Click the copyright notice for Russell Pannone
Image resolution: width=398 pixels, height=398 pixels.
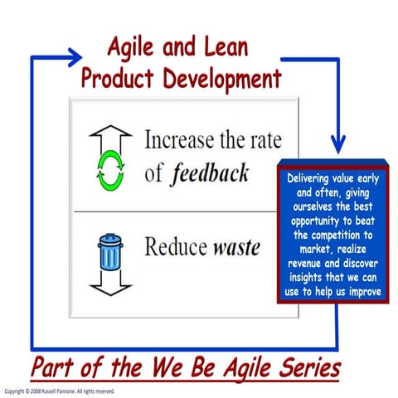pyautogui.click(x=60, y=391)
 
